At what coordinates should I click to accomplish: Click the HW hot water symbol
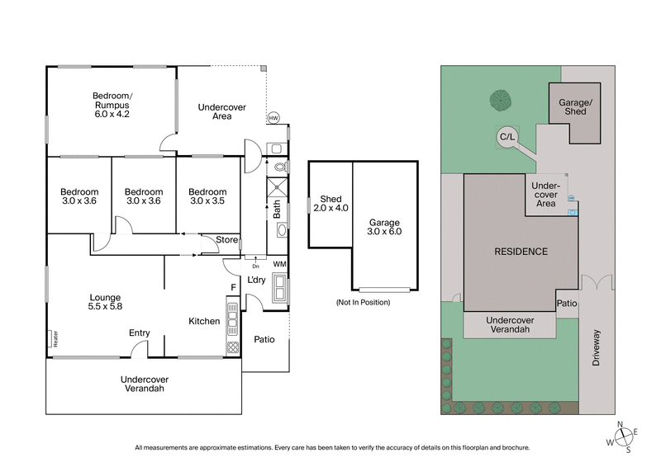point(273,119)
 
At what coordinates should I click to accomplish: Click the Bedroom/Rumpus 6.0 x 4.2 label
point(112,106)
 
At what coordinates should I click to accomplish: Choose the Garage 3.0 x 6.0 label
point(385,227)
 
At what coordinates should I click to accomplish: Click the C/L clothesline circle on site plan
point(504,136)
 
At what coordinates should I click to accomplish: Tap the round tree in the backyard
point(500,101)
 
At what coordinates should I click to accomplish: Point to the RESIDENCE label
point(522,251)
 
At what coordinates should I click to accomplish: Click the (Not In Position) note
point(362,302)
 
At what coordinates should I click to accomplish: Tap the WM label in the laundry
point(280,264)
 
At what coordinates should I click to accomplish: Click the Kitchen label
point(204,321)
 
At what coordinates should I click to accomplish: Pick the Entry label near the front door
point(139,333)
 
